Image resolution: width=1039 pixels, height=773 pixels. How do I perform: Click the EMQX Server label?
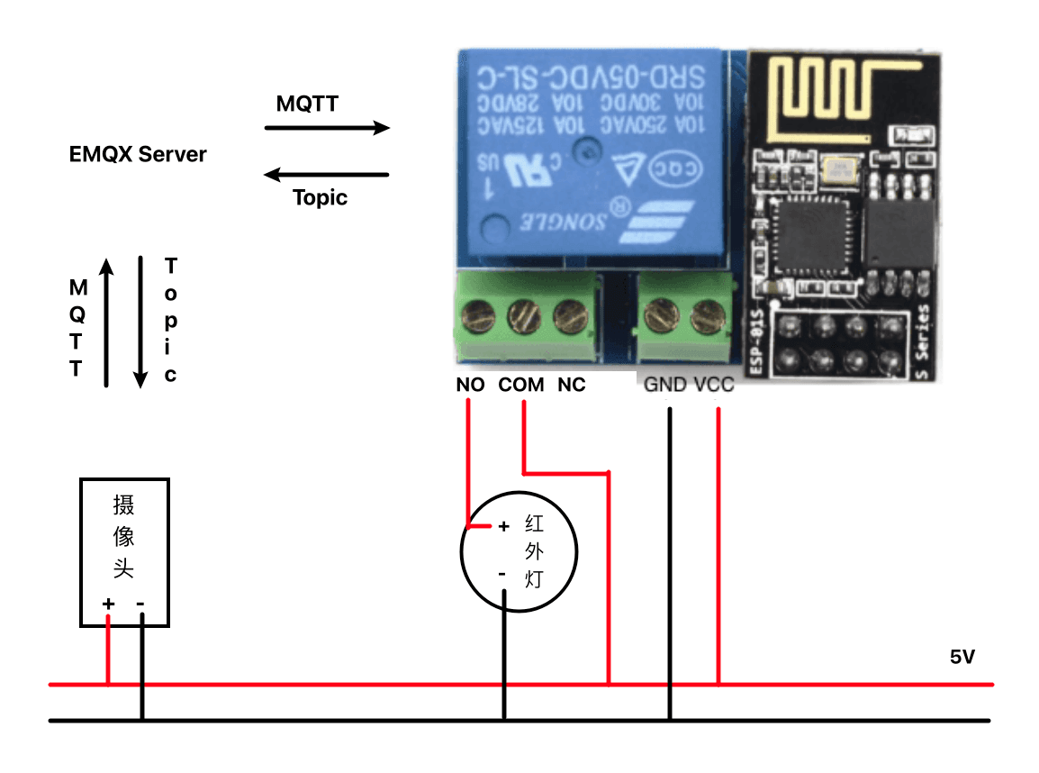coord(138,154)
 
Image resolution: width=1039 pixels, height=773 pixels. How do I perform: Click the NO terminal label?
coord(470,386)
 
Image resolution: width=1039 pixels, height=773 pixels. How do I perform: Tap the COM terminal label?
coord(522,386)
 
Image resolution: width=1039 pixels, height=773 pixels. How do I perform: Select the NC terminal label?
coord(572,386)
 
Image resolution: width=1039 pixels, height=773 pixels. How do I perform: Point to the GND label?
coord(664,386)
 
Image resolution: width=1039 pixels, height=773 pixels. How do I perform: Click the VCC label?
coord(714,386)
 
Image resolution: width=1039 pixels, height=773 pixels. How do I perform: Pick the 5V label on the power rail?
coord(962,658)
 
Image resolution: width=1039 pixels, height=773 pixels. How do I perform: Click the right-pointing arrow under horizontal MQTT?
coord(327,128)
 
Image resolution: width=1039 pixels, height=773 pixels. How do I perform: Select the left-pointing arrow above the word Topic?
coord(327,174)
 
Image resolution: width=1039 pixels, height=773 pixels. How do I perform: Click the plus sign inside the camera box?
coord(108,603)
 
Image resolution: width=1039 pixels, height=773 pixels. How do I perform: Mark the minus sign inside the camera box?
coord(141,603)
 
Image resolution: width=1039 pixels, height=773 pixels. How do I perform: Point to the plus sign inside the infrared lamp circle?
coord(504,525)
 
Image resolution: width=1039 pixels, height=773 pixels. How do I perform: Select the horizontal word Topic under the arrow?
coord(321,197)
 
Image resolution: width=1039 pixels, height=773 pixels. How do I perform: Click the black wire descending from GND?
coord(670,559)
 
